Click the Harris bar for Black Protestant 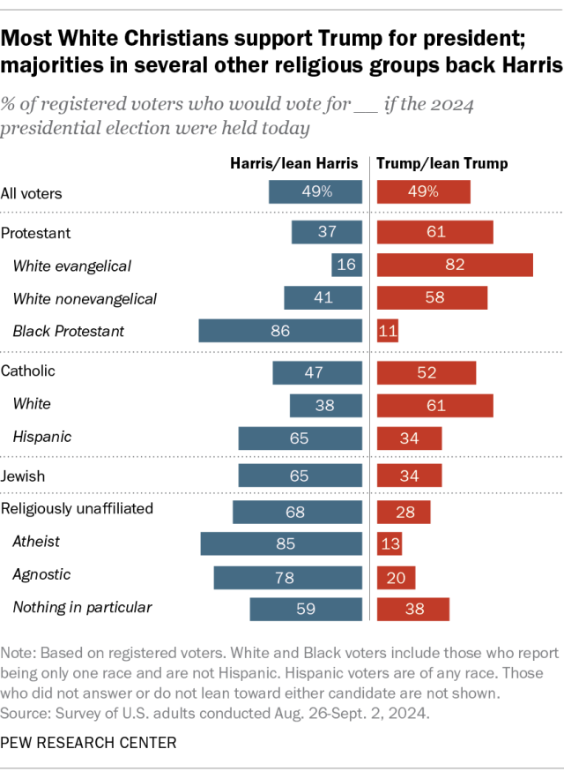(280, 332)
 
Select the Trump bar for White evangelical (455, 266)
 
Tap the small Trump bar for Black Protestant (388, 332)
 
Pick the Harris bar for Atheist (281, 543)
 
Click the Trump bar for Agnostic (396, 576)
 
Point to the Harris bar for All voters (315, 192)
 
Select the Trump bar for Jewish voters (409, 476)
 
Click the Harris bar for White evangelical (346, 266)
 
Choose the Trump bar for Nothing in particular (412, 609)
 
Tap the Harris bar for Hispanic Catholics (300, 438)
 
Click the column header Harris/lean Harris (294, 163)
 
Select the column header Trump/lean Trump (442, 163)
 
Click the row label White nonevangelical (85, 299)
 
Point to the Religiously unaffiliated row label (77, 508)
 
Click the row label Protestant (36, 233)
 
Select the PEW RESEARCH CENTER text (88, 743)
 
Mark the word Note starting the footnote (19, 654)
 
